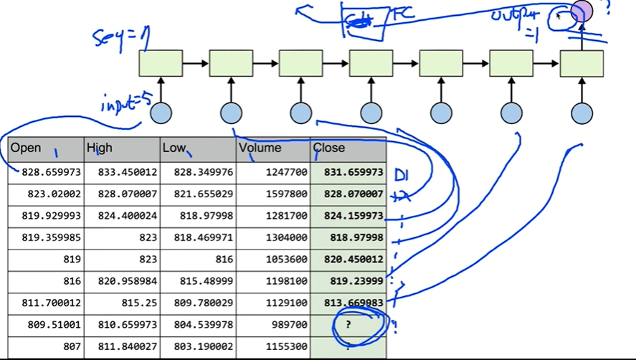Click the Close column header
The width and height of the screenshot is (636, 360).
[x=348, y=148]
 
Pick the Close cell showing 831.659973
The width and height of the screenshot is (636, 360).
[x=349, y=173]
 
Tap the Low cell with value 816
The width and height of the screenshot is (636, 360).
[x=199, y=259]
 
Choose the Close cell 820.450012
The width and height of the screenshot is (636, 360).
[x=349, y=259]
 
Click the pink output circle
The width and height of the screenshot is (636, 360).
[x=582, y=11]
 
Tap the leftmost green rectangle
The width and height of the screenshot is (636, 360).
[x=160, y=64]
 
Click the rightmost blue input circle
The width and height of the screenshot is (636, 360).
[x=582, y=113]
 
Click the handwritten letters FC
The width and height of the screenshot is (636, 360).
[x=401, y=14]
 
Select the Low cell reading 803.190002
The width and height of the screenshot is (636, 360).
[x=199, y=346]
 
